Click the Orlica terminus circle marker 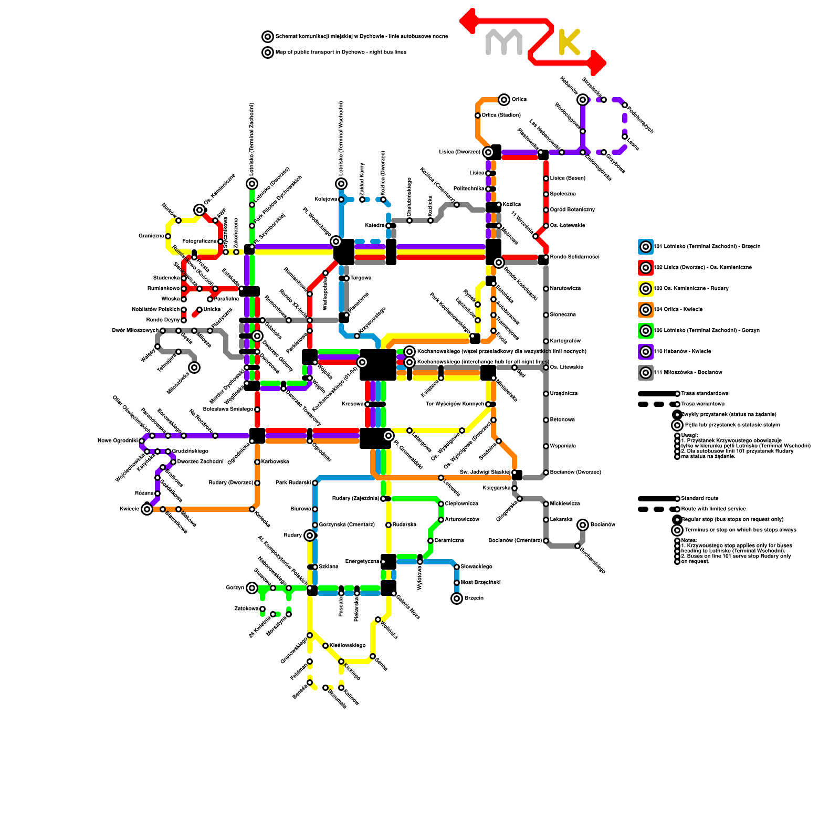(x=504, y=99)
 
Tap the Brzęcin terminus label (x=474, y=598)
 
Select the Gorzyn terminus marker (x=252, y=588)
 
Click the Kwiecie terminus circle (x=147, y=509)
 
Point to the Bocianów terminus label (x=602, y=524)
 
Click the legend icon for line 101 (x=646, y=247)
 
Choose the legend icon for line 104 (x=646, y=310)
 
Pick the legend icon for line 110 (x=646, y=352)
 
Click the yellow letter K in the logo (x=569, y=42)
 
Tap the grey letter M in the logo (x=503, y=42)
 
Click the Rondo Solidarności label (x=574, y=257)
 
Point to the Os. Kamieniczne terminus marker (x=199, y=210)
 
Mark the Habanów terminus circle (x=583, y=100)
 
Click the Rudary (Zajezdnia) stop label (x=355, y=498)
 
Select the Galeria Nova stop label (x=408, y=606)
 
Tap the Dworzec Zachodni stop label (x=200, y=461)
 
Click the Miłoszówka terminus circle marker (x=194, y=367)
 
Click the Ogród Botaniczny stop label (x=572, y=209)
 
